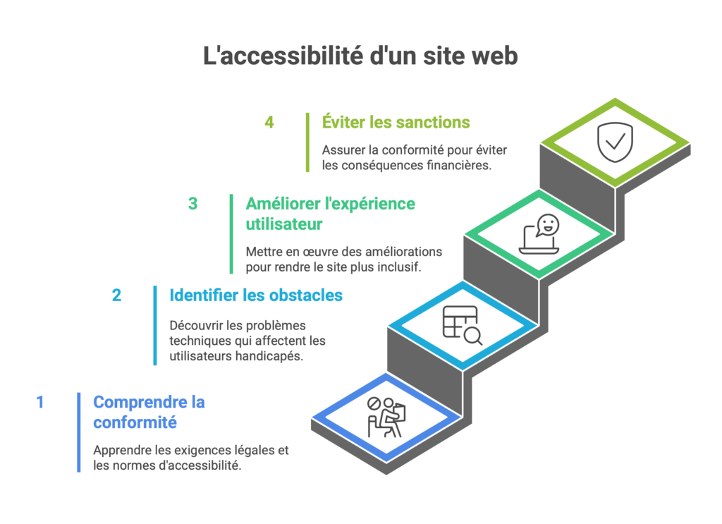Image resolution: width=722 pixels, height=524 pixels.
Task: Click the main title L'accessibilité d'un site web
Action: point(360,56)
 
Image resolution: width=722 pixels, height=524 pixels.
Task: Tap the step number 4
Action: point(269,122)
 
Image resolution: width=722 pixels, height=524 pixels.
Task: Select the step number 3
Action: point(192,204)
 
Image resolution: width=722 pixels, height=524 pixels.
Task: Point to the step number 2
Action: point(116,295)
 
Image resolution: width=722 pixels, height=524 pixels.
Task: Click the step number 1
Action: point(40,403)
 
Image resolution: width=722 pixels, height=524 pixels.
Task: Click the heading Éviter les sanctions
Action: point(396,122)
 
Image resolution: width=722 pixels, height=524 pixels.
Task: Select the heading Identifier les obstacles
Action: point(256,295)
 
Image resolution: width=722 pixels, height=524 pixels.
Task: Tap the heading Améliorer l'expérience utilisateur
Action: point(330,214)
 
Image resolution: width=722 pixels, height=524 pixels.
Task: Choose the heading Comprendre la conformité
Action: point(149,413)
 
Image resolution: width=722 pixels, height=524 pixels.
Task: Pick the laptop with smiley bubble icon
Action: point(539,235)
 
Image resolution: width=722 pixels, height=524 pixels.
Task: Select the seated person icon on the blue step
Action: point(386,416)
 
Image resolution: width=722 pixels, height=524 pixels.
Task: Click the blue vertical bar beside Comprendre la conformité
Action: point(79,432)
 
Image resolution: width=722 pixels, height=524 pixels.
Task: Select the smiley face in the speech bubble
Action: point(548,225)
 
